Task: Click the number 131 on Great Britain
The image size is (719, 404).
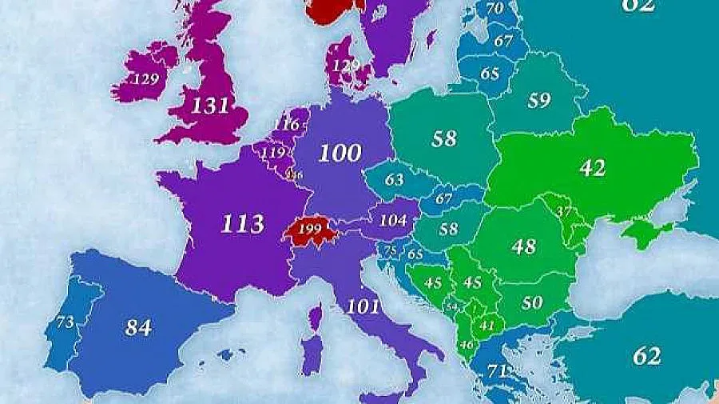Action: coord(211,105)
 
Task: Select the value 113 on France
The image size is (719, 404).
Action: coord(242,223)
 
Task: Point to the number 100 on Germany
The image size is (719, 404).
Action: coord(340,153)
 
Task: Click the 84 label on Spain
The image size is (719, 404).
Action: coord(138,326)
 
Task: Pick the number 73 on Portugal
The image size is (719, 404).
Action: coord(65,322)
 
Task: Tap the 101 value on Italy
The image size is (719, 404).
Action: coord(363,306)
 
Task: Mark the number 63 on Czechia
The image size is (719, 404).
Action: coord(394,180)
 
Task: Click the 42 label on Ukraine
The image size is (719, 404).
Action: coord(593,168)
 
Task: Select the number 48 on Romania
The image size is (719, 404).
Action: coord(523,246)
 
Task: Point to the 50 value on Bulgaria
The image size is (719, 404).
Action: coord(532,302)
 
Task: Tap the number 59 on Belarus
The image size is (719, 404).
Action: coord(539,101)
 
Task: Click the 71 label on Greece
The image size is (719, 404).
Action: coord(498,371)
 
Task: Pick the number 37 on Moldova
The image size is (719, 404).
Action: coord(564,212)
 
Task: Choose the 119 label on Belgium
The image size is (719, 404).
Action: coord(273,153)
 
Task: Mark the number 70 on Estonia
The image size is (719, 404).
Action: coord(495,9)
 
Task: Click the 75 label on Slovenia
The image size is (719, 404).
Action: coord(390,251)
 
